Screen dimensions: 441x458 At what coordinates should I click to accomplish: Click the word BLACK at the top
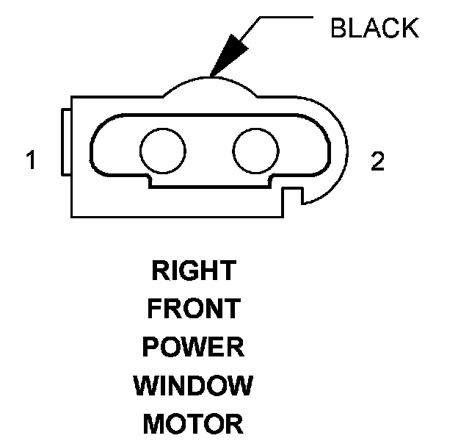pyautogui.click(x=374, y=29)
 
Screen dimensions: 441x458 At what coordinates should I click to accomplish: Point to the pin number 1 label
pyautogui.click(x=31, y=161)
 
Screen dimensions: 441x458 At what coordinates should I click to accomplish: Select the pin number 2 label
pyautogui.click(x=377, y=162)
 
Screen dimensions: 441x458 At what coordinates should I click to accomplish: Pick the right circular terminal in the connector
pyautogui.click(x=256, y=150)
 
